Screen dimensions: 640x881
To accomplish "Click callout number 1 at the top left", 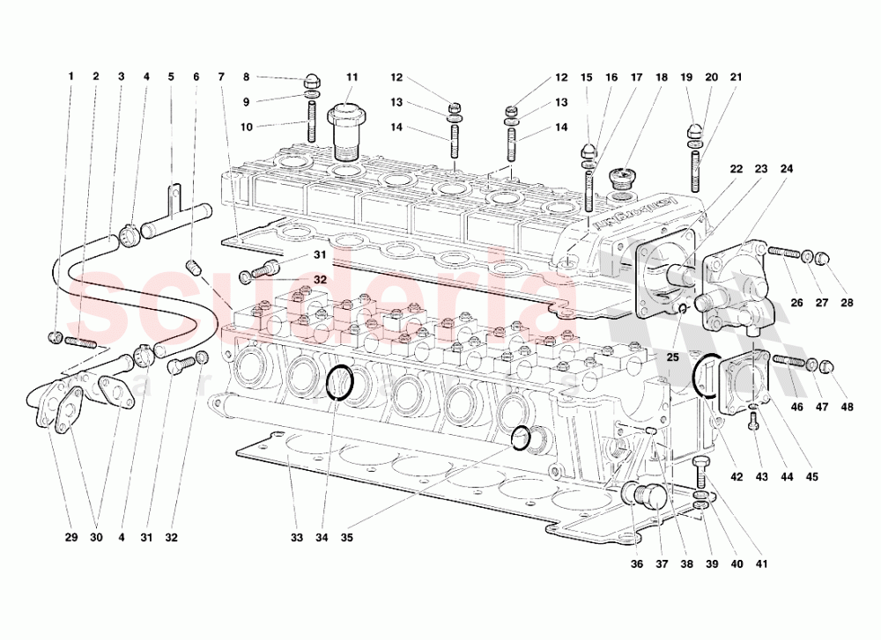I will click(71, 77).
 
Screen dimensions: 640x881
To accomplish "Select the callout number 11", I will click(352, 77).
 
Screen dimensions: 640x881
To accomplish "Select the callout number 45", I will click(811, 477).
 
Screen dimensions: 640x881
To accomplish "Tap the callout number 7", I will click(221, 77).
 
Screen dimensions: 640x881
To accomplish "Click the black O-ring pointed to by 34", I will click(340, 383).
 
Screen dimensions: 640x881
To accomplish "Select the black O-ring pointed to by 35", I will click(522, 438).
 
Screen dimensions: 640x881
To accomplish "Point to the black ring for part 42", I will click(707, 376).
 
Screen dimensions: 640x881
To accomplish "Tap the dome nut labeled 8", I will click(314, 77).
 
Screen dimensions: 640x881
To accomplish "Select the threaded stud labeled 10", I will click(313, 121).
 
